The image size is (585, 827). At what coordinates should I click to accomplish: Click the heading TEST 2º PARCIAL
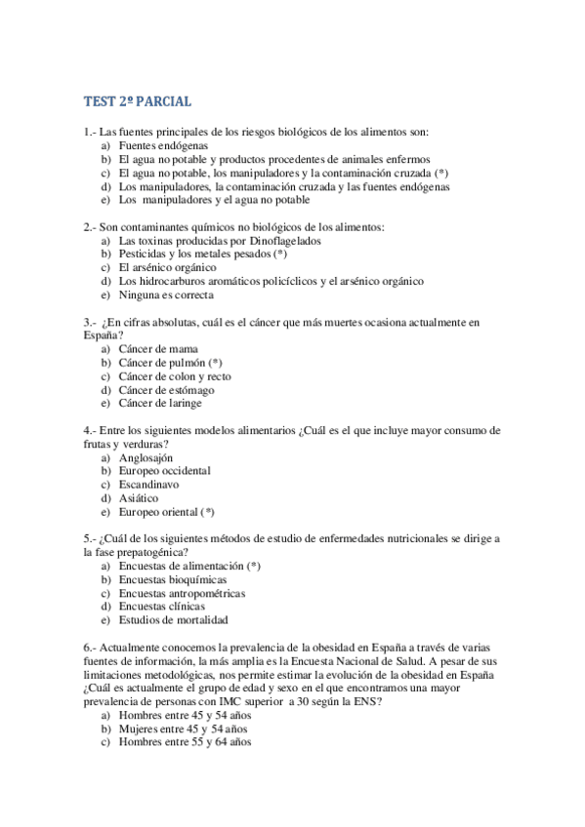pos(138,100)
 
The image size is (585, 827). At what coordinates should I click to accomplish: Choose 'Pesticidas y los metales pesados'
pos(196,254)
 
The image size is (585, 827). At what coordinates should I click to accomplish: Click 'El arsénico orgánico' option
pos(167,267)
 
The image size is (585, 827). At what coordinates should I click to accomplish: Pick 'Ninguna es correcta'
pos(166,295)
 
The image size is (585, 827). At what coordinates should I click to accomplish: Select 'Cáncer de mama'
pos(158,348)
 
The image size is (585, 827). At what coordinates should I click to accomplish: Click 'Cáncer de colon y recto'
pos(175,375)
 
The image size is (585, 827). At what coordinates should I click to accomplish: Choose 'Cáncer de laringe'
pos(162,403)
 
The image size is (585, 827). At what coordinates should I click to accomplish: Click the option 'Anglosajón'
pos(146,456)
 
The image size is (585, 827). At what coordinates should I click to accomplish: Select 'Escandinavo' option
pos(148,484)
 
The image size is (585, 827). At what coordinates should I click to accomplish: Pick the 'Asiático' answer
pos(140,497)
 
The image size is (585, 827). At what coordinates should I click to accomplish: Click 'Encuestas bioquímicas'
pos(168,579)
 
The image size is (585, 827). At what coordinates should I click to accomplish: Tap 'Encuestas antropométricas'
pos(182,593)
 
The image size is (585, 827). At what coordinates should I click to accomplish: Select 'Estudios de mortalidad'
pos(173,619)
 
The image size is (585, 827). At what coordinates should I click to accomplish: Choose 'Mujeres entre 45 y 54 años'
pos(184,728)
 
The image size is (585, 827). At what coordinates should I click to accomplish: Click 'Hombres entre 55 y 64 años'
pos(185,741)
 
